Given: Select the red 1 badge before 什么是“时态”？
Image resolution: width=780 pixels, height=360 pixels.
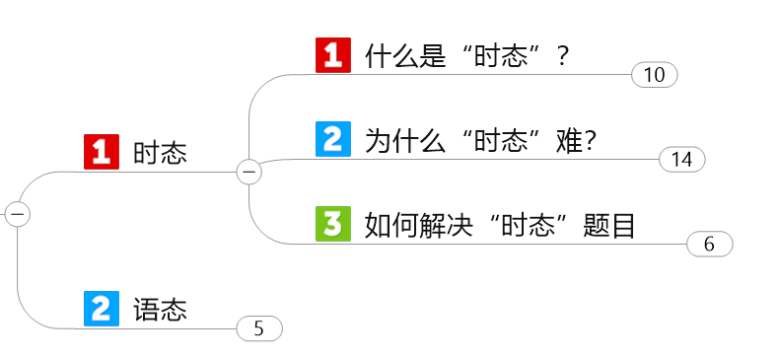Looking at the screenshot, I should click(x=333, y=54).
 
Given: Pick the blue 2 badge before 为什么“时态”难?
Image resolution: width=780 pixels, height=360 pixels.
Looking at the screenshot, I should click(x=333, y=139).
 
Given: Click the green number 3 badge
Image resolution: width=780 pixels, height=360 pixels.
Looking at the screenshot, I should click(x=333, y=225).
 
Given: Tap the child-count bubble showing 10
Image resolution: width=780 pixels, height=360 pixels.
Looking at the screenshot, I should click(x=655, y=75).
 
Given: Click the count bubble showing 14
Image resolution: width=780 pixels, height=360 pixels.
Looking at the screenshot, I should click(x=682, y=159).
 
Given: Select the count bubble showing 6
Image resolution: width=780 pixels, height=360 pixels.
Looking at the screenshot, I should click(x=709, y=245).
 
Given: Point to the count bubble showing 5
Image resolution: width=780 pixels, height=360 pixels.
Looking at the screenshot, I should click(x=259, y=328).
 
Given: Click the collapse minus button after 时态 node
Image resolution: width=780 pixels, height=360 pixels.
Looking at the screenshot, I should click(x=249, y=172).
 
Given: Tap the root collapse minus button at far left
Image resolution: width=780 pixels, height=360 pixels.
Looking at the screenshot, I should click(x=18, y=213).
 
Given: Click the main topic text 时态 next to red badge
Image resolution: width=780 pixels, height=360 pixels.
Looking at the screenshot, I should click(x=161, y=153).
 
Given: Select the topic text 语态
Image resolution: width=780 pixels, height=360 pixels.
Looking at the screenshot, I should click(x=161, y=310).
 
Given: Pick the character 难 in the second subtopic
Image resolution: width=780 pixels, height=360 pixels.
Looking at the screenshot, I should click(x=569, y=140).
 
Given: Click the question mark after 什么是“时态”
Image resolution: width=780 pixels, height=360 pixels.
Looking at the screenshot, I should click(x=563, y=55).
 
